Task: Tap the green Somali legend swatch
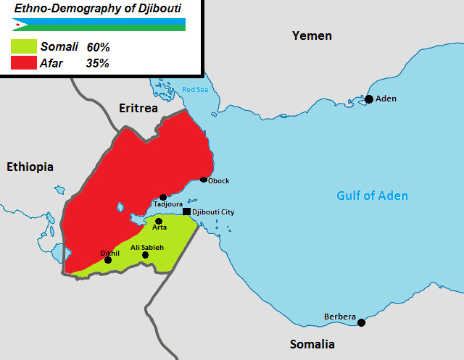click(23, 46)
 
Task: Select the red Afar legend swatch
click(23, 63)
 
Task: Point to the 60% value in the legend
click(98, 46)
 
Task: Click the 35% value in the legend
click(98, 63)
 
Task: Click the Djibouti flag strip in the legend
click(99, 25)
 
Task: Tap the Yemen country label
click(312, 35)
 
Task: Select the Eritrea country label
click(138, 108)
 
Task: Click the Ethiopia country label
click(30, 167)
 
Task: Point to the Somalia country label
click(312, 343)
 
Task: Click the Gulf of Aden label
click(372, 196)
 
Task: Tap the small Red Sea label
click(194, 89)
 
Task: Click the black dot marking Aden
click(369, 99)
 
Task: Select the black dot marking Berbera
click(361, 322)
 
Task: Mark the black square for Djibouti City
click(186, 212)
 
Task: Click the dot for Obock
click(204, 180)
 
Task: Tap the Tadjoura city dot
click(163, 197)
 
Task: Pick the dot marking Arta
click(159, 221)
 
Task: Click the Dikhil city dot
click(108, 259)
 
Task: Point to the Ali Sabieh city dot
click(145, 255)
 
